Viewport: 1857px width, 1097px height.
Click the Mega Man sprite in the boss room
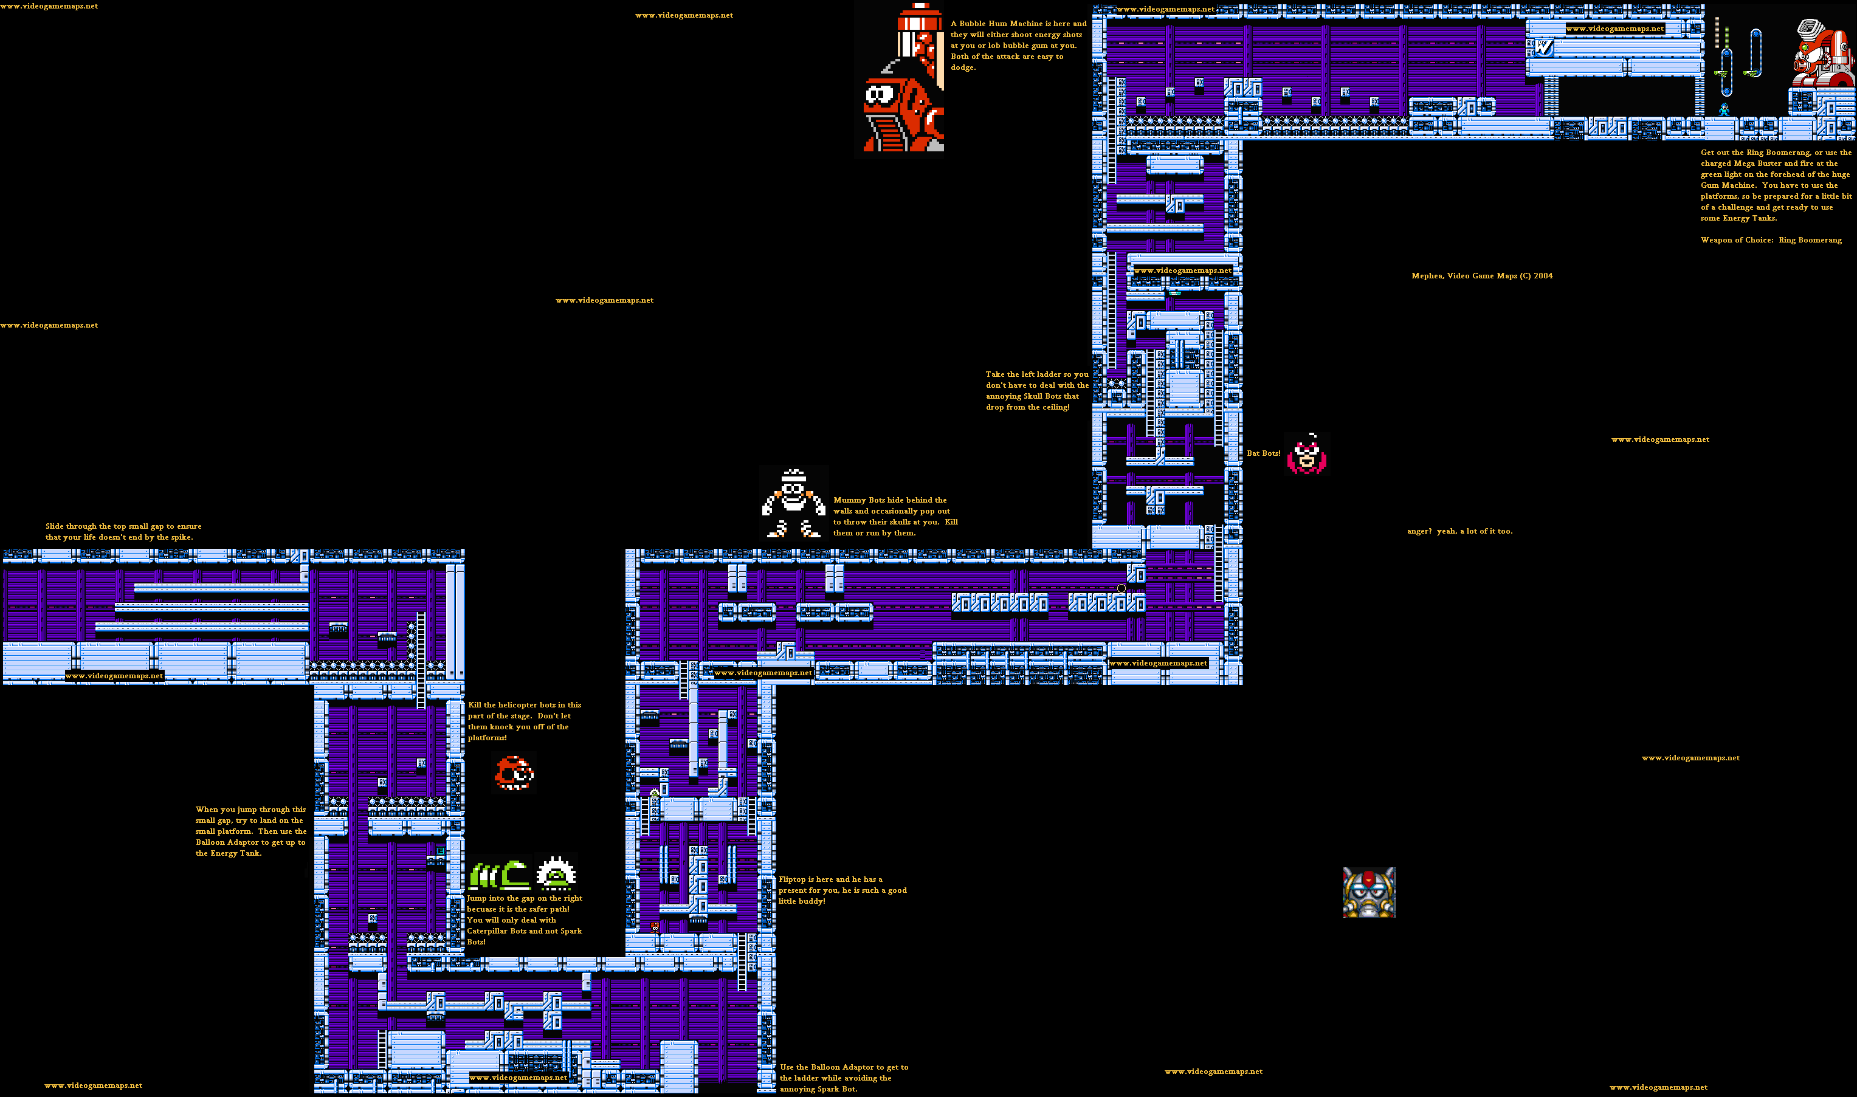[1724, 110]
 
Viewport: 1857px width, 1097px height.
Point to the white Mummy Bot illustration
[793, 503]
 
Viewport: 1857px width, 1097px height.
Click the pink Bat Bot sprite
[1307, 454]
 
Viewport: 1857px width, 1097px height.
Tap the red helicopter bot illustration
[514, 773]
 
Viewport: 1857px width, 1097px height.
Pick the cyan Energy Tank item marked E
[441, 851]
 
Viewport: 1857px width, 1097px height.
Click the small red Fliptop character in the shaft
[654, 926]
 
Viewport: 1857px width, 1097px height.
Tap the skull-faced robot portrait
[1369, 893]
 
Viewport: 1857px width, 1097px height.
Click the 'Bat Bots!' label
[1263, 453]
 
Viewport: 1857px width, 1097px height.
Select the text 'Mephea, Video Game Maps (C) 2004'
[1481, 276]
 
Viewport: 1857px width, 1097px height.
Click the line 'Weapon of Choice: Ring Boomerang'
[1771, 239]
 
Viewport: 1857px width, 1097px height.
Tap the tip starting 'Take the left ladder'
[1036, 390]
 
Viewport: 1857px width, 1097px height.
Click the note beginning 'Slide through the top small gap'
[123, 532]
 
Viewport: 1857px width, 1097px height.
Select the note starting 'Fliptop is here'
[842, 890]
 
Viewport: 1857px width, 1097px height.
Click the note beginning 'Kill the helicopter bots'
[524, 721]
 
